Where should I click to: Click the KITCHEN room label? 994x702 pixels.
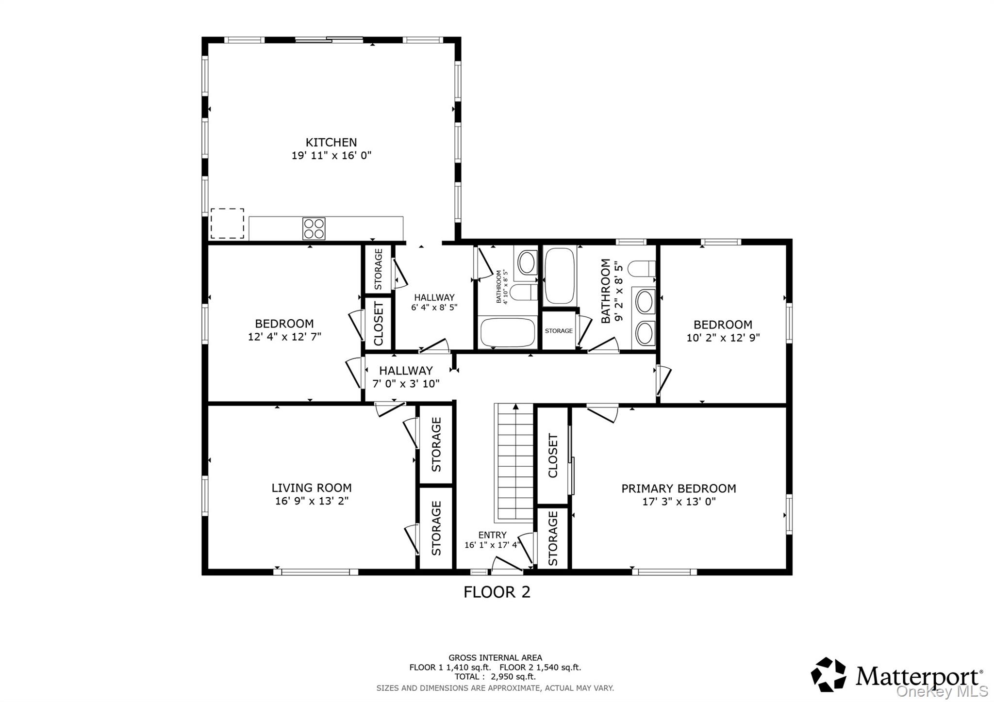pos(331,142)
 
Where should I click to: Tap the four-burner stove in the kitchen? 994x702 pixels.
pos(314,229)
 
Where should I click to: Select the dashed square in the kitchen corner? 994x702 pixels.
pos(227,224)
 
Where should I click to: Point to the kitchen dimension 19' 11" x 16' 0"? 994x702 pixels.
pos(331,155)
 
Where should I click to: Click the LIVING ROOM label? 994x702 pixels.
pos(312,488)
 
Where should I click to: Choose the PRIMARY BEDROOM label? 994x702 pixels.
pos(679,489)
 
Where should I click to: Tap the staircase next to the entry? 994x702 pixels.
pos(514,461)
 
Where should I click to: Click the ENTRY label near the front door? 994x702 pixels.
pos(492,535)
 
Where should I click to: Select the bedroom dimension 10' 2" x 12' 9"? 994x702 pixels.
pos(723,338)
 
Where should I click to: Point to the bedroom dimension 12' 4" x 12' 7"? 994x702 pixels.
pos(284,337)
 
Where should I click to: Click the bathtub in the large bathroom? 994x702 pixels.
pos(560,276)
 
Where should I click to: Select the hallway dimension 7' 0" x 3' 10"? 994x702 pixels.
pos(406,384)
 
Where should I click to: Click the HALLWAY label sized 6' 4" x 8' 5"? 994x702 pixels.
pos(434,297)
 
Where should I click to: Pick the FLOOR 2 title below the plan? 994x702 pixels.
pos(497,592)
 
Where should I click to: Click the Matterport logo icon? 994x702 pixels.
pos(828,674)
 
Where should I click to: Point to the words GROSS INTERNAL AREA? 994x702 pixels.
pos(495,658)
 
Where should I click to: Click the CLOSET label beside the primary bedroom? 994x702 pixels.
pos(553,456)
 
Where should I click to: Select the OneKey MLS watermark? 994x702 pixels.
pos(942,691)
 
